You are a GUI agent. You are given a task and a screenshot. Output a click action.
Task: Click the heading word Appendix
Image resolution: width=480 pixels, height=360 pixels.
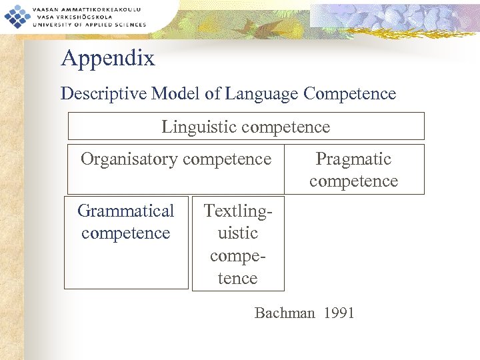coord(108,59)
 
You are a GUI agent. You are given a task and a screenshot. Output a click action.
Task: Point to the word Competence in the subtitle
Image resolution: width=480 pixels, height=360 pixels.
coord(349,94)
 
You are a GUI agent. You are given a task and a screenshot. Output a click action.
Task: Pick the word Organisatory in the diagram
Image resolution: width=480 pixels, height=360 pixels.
coord(129,159)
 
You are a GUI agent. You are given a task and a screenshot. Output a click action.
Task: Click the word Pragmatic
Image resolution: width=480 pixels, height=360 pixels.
coord(353,159)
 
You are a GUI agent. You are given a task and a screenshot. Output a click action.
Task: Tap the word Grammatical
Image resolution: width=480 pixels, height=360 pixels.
coord(125,211)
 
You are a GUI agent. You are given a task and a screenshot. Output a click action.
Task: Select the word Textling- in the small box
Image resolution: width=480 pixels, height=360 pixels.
coord(238,211)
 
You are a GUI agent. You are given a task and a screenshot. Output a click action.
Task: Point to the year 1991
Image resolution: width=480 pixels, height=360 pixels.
coord(339,313)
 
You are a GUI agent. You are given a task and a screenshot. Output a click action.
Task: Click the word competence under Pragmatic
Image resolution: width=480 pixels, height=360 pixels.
coord(353,181)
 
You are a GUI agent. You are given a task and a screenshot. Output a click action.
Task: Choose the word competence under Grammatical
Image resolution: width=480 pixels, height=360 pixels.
coord(125,233)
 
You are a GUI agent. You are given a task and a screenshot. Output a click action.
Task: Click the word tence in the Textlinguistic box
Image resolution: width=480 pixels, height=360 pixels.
coord(238,279)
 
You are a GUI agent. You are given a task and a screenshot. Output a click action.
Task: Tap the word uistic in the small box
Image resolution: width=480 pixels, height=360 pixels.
coord(238,233)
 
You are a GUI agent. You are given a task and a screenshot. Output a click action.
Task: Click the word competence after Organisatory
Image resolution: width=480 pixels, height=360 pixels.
coord(227,159)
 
